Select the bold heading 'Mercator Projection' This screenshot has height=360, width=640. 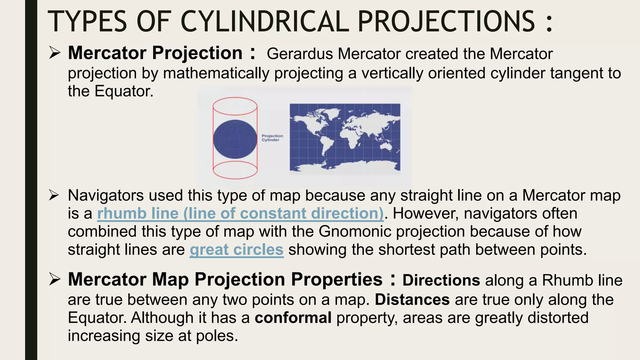click(155, 53)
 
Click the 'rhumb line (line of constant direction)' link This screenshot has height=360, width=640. click(240, 214)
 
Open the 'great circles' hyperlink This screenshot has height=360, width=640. click(236, 250)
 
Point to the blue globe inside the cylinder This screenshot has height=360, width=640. click(235, 139)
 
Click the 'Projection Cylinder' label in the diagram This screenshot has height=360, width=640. click(272, 138)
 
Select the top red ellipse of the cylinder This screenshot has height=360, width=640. click(235, 106)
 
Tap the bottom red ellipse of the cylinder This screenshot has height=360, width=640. click(235, 170)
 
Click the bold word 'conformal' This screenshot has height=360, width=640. click(293, 318)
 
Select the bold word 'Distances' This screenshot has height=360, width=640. click(412, 300)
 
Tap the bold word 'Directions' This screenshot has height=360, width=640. click(441, 280)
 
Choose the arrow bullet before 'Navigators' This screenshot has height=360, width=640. click(54, 196)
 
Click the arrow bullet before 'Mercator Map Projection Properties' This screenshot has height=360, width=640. click(54, 279)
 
